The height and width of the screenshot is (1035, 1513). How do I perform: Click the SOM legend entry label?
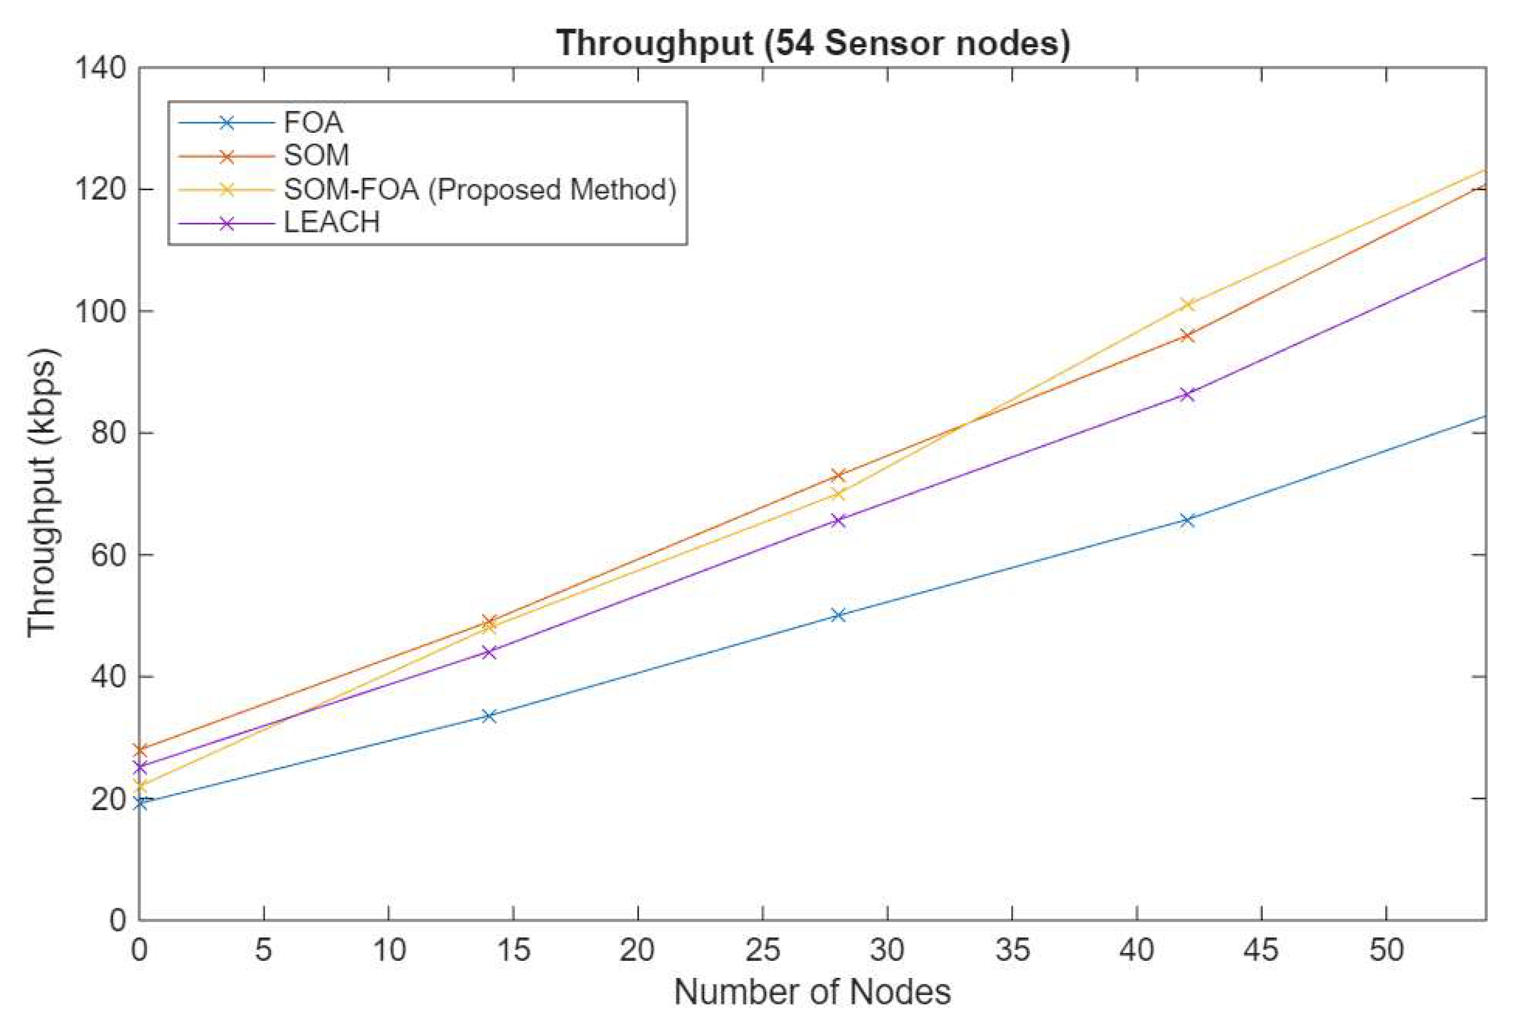pos(316,155)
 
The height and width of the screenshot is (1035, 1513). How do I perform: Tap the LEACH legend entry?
pos(331,223)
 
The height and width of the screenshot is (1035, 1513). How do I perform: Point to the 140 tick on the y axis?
pos(101,68)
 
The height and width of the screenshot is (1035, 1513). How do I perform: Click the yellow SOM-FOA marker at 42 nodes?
pos(1188,304)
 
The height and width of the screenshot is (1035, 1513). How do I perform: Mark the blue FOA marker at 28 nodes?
pos(839,615)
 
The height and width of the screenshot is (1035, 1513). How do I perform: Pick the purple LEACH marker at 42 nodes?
pos(1188,394)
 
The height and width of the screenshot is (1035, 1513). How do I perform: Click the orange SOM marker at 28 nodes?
pos(839,475)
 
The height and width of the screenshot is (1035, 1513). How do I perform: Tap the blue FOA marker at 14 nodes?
pos(489,716)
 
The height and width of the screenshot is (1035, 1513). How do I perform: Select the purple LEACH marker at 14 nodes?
pos(489,652)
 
